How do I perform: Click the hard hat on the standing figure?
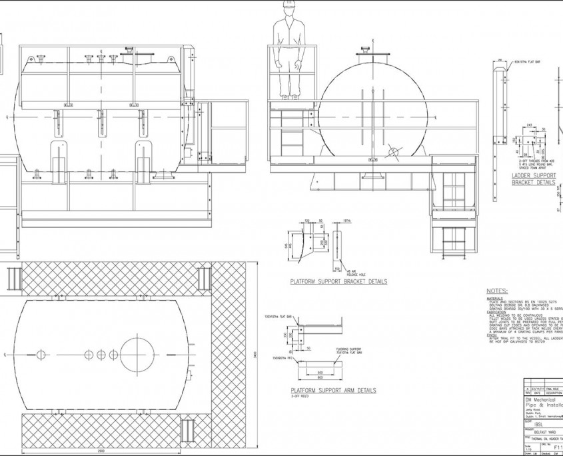288,5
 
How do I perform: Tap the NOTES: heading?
497,291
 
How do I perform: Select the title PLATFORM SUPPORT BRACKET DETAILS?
338,282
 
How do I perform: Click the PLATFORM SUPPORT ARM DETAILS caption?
333,390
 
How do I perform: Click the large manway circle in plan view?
139,353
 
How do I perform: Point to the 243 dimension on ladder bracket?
528,125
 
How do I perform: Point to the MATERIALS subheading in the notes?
496,299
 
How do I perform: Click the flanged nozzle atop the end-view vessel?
365,52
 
